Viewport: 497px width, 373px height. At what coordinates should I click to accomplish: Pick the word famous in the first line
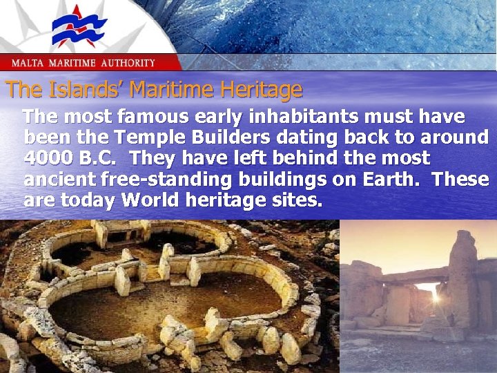[x=140, y=115]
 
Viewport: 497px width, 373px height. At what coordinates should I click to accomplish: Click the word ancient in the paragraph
[x=59, y=180]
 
